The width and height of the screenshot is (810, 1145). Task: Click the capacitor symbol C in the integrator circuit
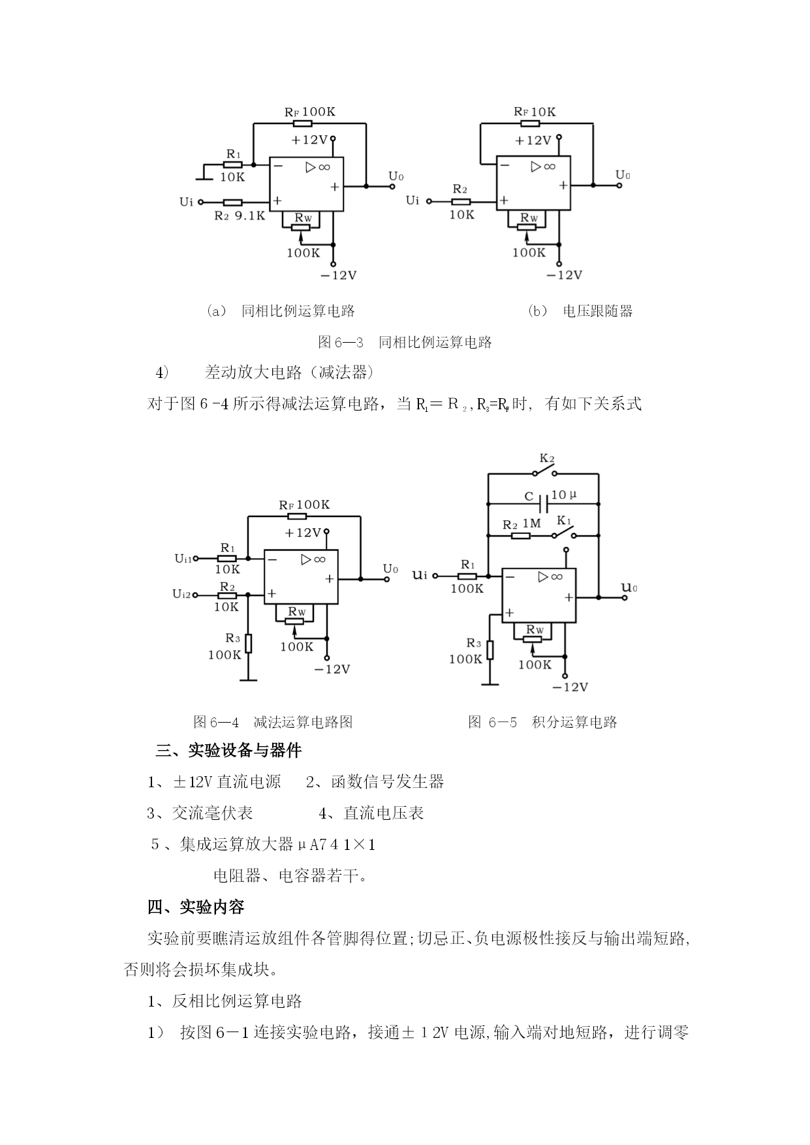coord(543,503)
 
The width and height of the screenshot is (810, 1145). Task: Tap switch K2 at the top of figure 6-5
coord(546,472)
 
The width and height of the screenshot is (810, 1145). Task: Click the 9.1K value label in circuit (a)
coord(249,215)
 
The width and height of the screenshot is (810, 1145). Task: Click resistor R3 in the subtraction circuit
coord(248,644)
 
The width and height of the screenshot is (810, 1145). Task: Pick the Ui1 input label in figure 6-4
coord(183,558)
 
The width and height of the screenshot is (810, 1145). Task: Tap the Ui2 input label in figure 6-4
coord(181,594)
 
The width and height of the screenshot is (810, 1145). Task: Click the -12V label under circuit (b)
coord(564,275)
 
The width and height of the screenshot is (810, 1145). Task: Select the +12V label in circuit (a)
coord(309,140)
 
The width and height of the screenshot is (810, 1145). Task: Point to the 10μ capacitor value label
coord(565,495)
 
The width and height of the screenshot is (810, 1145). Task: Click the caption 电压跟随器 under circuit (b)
coord(598,311)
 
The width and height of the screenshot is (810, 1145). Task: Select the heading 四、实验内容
coord(196,907)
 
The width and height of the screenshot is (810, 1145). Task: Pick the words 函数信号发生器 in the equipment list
coord(388,781)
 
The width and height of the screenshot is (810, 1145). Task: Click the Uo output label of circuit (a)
coord(396,176)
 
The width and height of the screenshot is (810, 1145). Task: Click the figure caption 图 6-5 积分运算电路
coord(542,722)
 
